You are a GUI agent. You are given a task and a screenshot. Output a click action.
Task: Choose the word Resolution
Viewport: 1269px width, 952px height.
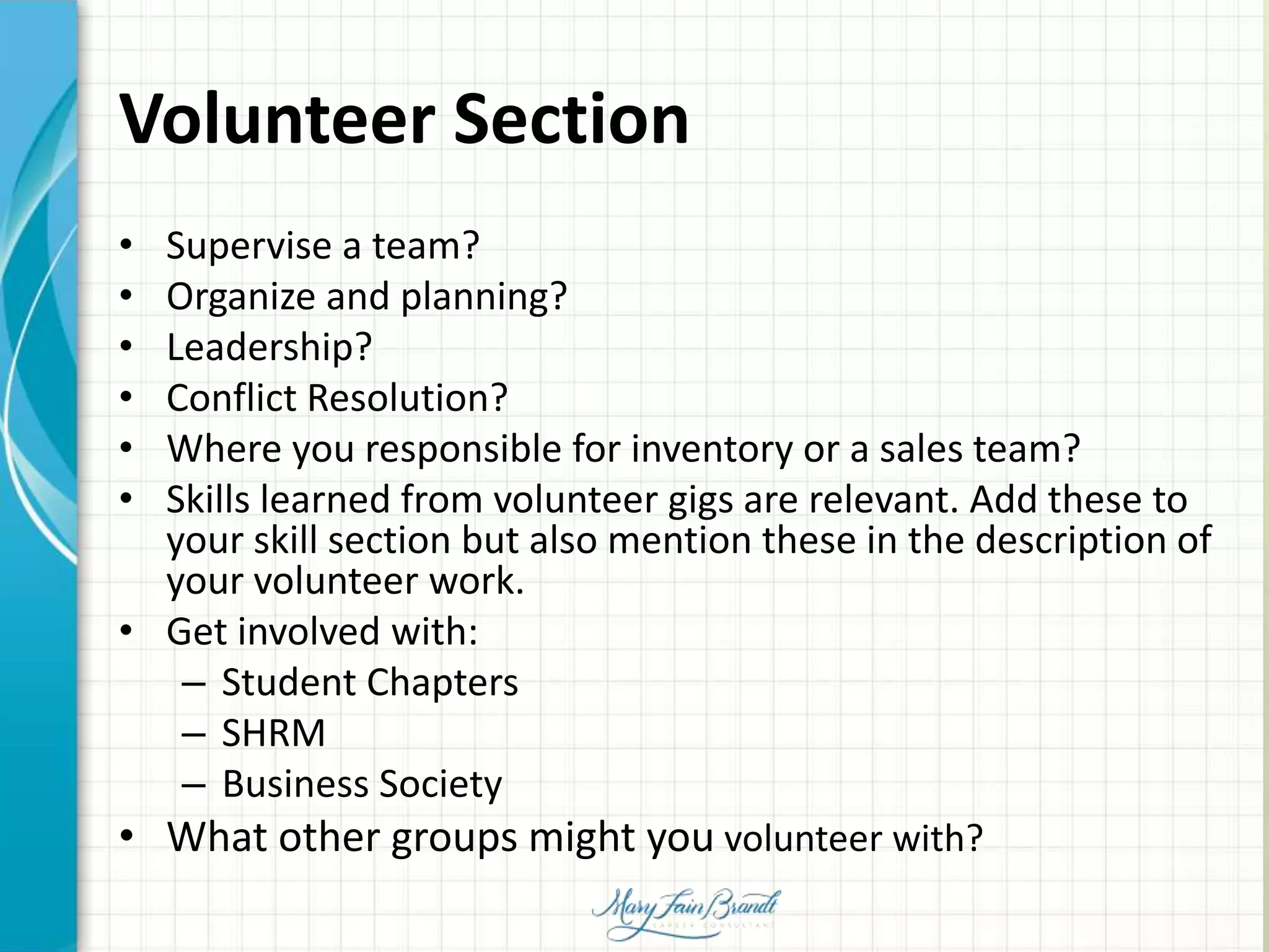(x=400, y=398)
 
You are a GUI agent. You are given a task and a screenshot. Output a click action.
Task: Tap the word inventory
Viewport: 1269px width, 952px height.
(x=711, y=449)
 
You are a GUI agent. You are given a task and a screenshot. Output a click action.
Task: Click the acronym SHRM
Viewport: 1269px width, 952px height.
(x=273, y=734)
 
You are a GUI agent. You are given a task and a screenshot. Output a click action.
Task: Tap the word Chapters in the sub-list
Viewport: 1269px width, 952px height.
(x=442, y=683)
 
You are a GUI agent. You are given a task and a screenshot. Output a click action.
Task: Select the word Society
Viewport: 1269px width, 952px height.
(x=441, y=785)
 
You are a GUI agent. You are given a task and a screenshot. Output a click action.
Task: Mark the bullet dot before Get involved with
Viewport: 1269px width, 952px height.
(x=126, y=632)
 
